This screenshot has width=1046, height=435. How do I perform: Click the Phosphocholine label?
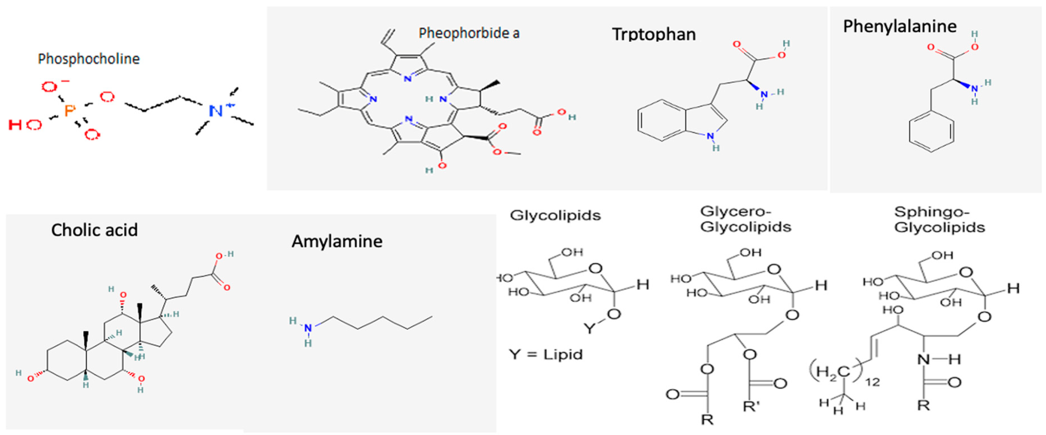[88, 59]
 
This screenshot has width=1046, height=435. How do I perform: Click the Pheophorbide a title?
[469, 33]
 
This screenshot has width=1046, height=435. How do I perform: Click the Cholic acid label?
[94, 230]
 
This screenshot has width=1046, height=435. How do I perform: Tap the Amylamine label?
[337, 241]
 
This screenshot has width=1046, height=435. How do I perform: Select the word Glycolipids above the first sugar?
[555, 215]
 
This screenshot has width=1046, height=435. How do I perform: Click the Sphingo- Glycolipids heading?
[939, 220]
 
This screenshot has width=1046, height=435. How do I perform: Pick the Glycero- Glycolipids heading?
[746, 219]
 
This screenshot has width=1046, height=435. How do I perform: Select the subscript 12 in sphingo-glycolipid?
[872, 382]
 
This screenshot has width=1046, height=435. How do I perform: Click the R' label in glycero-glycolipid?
[751, 406]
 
